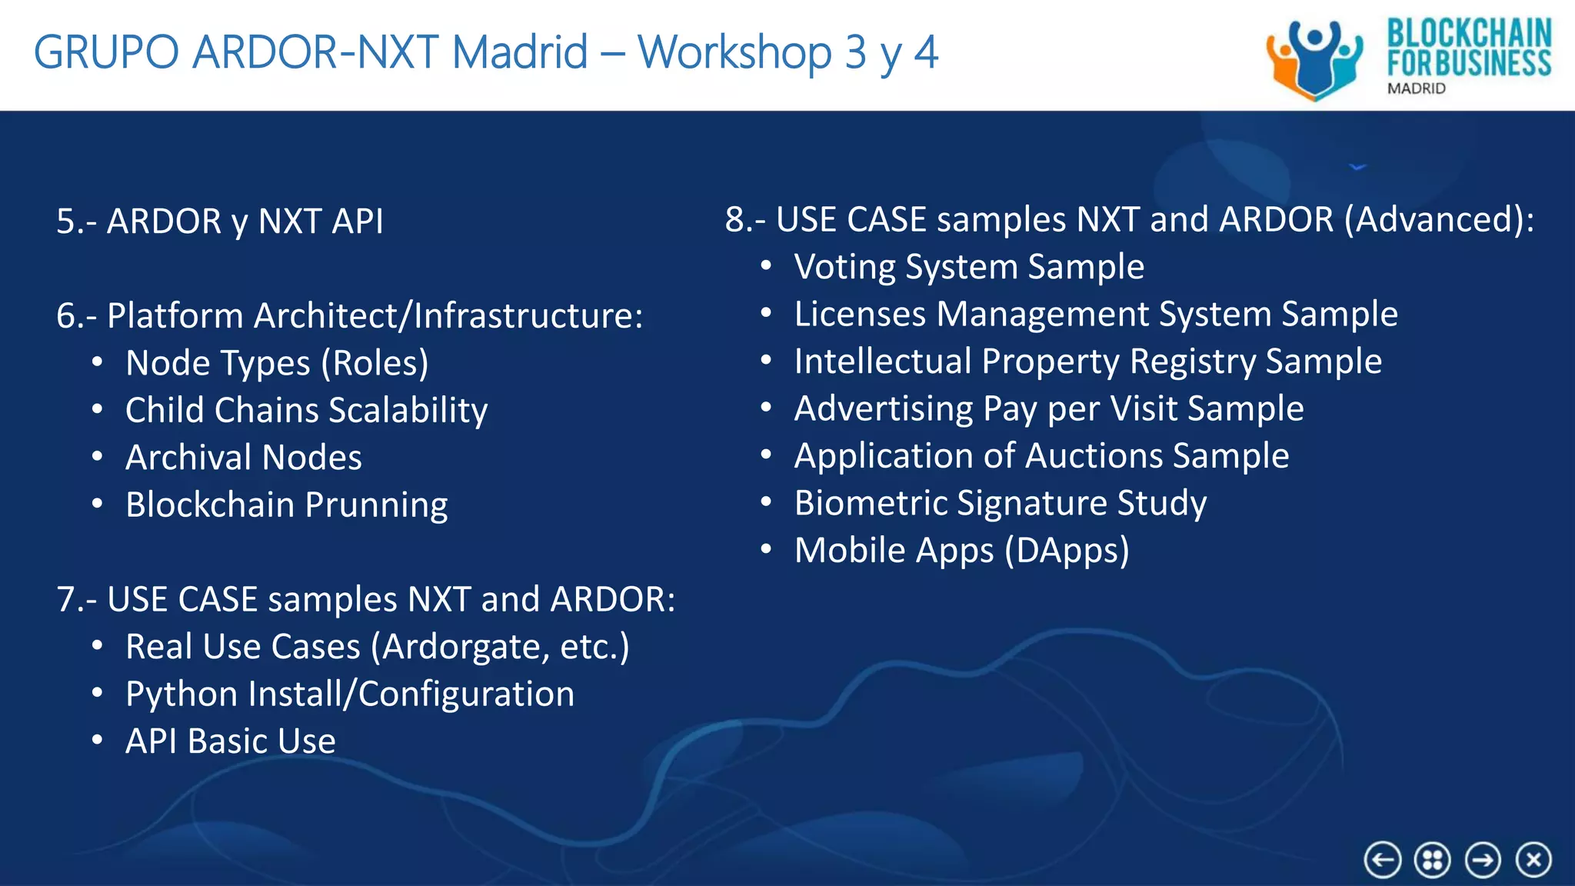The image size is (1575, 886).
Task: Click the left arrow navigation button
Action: (x=1383, y=859)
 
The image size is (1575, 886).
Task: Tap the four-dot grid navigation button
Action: (x=1433, y=859)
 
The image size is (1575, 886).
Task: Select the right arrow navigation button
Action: (x=1483, y=859)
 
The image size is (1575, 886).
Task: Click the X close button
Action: (x=1533, y=859)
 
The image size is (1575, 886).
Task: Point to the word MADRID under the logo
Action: (x=1417, y=88)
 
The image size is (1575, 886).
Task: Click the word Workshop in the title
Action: (x=734, y=52)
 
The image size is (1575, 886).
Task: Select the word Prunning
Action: (x=377, y=505)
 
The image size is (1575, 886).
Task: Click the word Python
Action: (x=181, y=694)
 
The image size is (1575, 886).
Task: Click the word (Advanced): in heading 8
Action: (x=1438, y=220)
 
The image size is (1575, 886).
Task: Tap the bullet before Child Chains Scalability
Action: (x=97, y=410)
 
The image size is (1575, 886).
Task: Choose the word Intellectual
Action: (x=883, y=361)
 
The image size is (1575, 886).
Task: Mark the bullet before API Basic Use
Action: (x=97, y=741)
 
